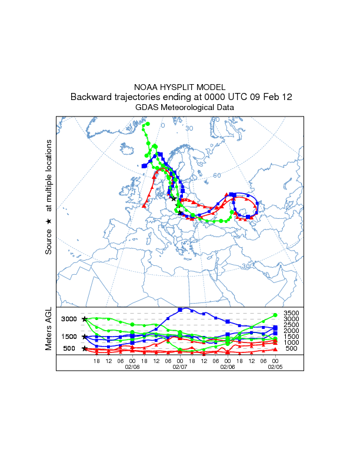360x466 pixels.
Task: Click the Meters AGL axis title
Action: tap(49, 331)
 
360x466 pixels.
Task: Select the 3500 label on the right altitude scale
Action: tap(292, 313)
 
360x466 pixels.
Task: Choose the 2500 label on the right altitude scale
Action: tap(292, 325)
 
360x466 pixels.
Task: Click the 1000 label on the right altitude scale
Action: tap(292, 342)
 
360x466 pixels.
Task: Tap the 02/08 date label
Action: tap(132, 365)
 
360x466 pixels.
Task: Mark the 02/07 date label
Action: tap(179, 365)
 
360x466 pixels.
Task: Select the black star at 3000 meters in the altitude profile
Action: tap(85, 319)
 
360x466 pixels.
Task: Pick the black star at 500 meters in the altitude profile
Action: tap(85, 348)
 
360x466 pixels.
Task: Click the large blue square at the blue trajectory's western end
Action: tap(144, 166)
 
